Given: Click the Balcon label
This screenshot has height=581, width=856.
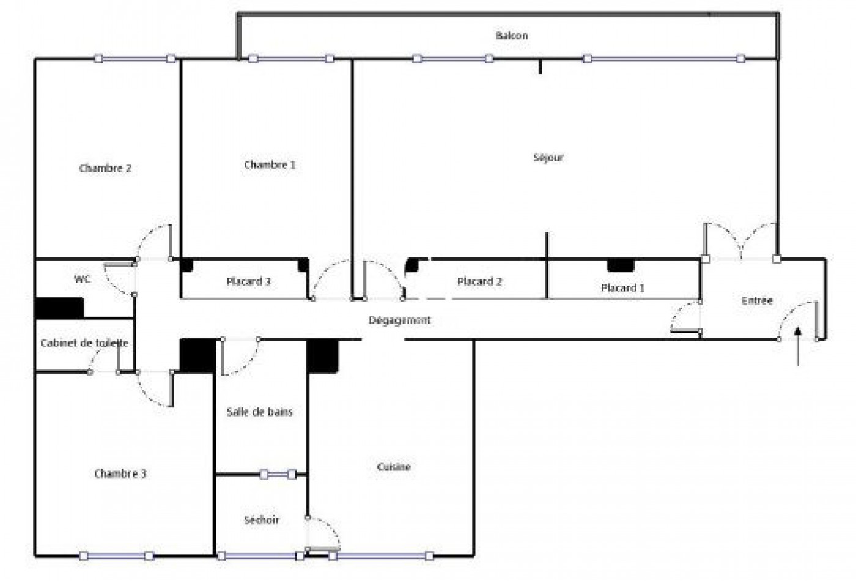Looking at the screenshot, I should pyautogui.click(x=511, y=35).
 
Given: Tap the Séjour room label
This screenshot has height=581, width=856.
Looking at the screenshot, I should pyautogui.click(x=548, y=157).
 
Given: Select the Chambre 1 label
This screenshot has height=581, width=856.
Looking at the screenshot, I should pyautogui.click(x=270, y=165).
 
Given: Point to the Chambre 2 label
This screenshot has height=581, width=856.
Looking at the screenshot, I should pyautogui.click(x=105, y=168).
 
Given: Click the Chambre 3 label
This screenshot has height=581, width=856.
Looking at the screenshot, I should pyautogui.click(x=120, y=473).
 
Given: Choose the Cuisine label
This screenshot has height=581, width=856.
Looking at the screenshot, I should pyautogui.click(x=394, y=467).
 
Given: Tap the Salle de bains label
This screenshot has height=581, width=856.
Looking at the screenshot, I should pyautogui.click(x=260, y=412).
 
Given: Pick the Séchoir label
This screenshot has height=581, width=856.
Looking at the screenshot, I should pyautogui.click(x=262, y=520).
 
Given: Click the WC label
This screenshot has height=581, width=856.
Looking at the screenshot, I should pyautogui.click(x=83, y=279).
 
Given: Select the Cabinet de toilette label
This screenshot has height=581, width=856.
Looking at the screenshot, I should pyautogui.click(x=84, y=343).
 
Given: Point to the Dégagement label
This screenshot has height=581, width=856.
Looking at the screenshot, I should pyautogui.click(x=400, y=320).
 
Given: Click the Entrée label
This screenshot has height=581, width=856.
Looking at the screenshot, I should pyautogui.click(x=757, y=300).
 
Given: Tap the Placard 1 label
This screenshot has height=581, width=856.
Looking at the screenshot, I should pyautogui.click(x=622, y=287).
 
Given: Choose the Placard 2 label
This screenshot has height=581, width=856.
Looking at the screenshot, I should pyautogui.click(x=479, y=281).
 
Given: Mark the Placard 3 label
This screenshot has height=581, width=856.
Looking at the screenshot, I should pyautogui.click(x=248, y=281).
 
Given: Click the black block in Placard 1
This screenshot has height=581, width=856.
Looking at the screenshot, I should pyautogui.click(x=621, y=265).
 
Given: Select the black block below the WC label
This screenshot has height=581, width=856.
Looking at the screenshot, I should pyautogui.click(x=59, y=308).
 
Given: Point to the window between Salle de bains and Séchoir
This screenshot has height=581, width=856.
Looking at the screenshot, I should pyautogui.click(x=278, y=474).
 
